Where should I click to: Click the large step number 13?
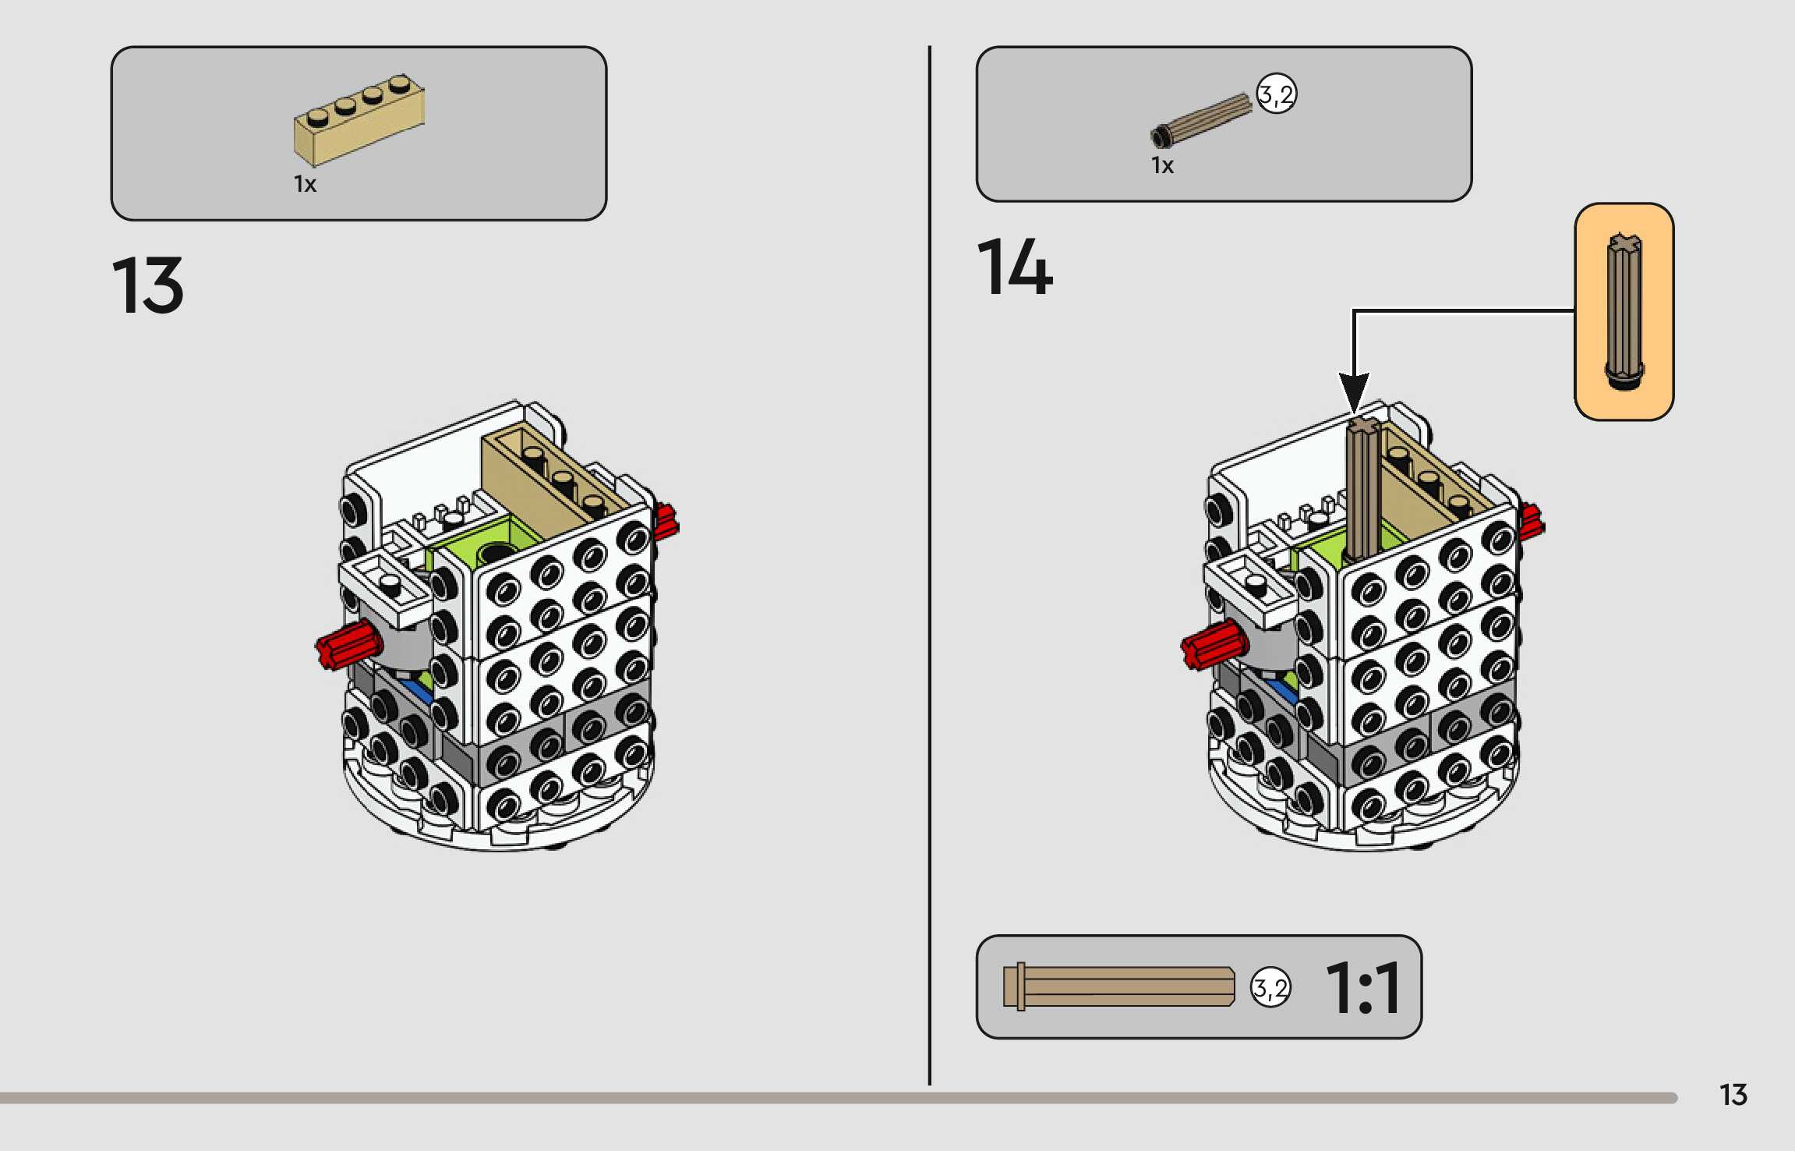tap(147, 285)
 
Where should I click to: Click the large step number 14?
tap(1014, 267)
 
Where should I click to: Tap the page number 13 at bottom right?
tap(1733, 1095)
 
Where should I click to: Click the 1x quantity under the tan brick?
tap(305, 184)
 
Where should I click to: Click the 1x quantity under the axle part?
tap(1162, 165)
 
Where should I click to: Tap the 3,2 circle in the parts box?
tap(1276, 95)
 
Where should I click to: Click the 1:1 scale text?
tap(1363, 987)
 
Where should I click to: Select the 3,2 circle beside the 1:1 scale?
tap(1270, 988)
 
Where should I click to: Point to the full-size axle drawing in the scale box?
tap(1119, 987)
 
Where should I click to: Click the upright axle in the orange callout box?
tap(1624, 312)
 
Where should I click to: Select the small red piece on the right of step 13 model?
tap(665, 522)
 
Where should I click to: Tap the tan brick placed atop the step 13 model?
tap(546, 476)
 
